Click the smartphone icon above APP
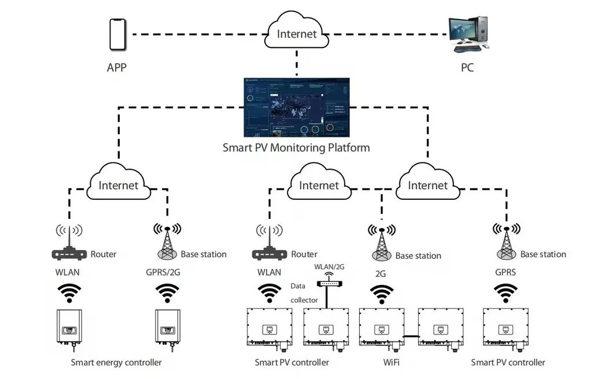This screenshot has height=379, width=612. (117, 35)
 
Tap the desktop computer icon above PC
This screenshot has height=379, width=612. (468, 34)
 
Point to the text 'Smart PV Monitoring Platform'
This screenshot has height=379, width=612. (296, 148)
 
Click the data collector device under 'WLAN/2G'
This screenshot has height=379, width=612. (329, 284)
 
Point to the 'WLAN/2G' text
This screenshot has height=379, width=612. (329, 267)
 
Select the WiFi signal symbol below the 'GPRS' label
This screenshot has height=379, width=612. (506, 293)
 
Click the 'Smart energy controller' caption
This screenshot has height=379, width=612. (116, 363)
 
